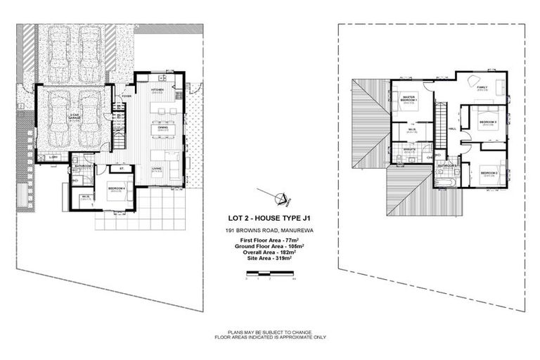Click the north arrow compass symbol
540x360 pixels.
[x=279, y=198]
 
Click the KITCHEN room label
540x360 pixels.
[x=157, y=90]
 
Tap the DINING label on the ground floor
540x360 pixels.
[x=162, y=127]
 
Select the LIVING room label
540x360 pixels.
[x=157, y=168]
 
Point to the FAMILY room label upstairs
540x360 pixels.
[x=482, y=88]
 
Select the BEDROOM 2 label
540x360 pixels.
[x=489, y=172]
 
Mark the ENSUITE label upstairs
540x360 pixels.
[x=408, y=149]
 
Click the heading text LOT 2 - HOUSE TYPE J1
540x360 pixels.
[x=270, y=217]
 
